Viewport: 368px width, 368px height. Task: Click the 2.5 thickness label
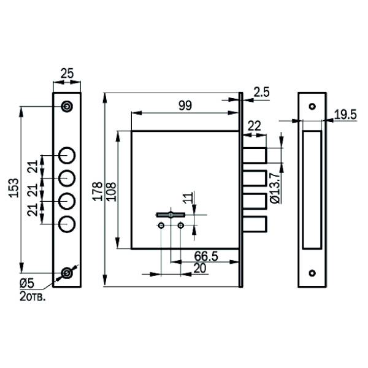click(x=261, y=92)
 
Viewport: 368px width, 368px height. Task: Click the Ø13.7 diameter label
click(x=275, y=188)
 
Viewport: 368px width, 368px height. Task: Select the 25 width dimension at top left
click(x=66, y=74)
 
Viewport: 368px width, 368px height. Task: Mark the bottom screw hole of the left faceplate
click(x=66, y=273)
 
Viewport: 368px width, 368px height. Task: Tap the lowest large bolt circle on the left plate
click(x=67, y=224)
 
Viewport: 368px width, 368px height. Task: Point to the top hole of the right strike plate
click(x=312, y=106)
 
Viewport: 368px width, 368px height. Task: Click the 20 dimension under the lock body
click(x=200, y=269)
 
